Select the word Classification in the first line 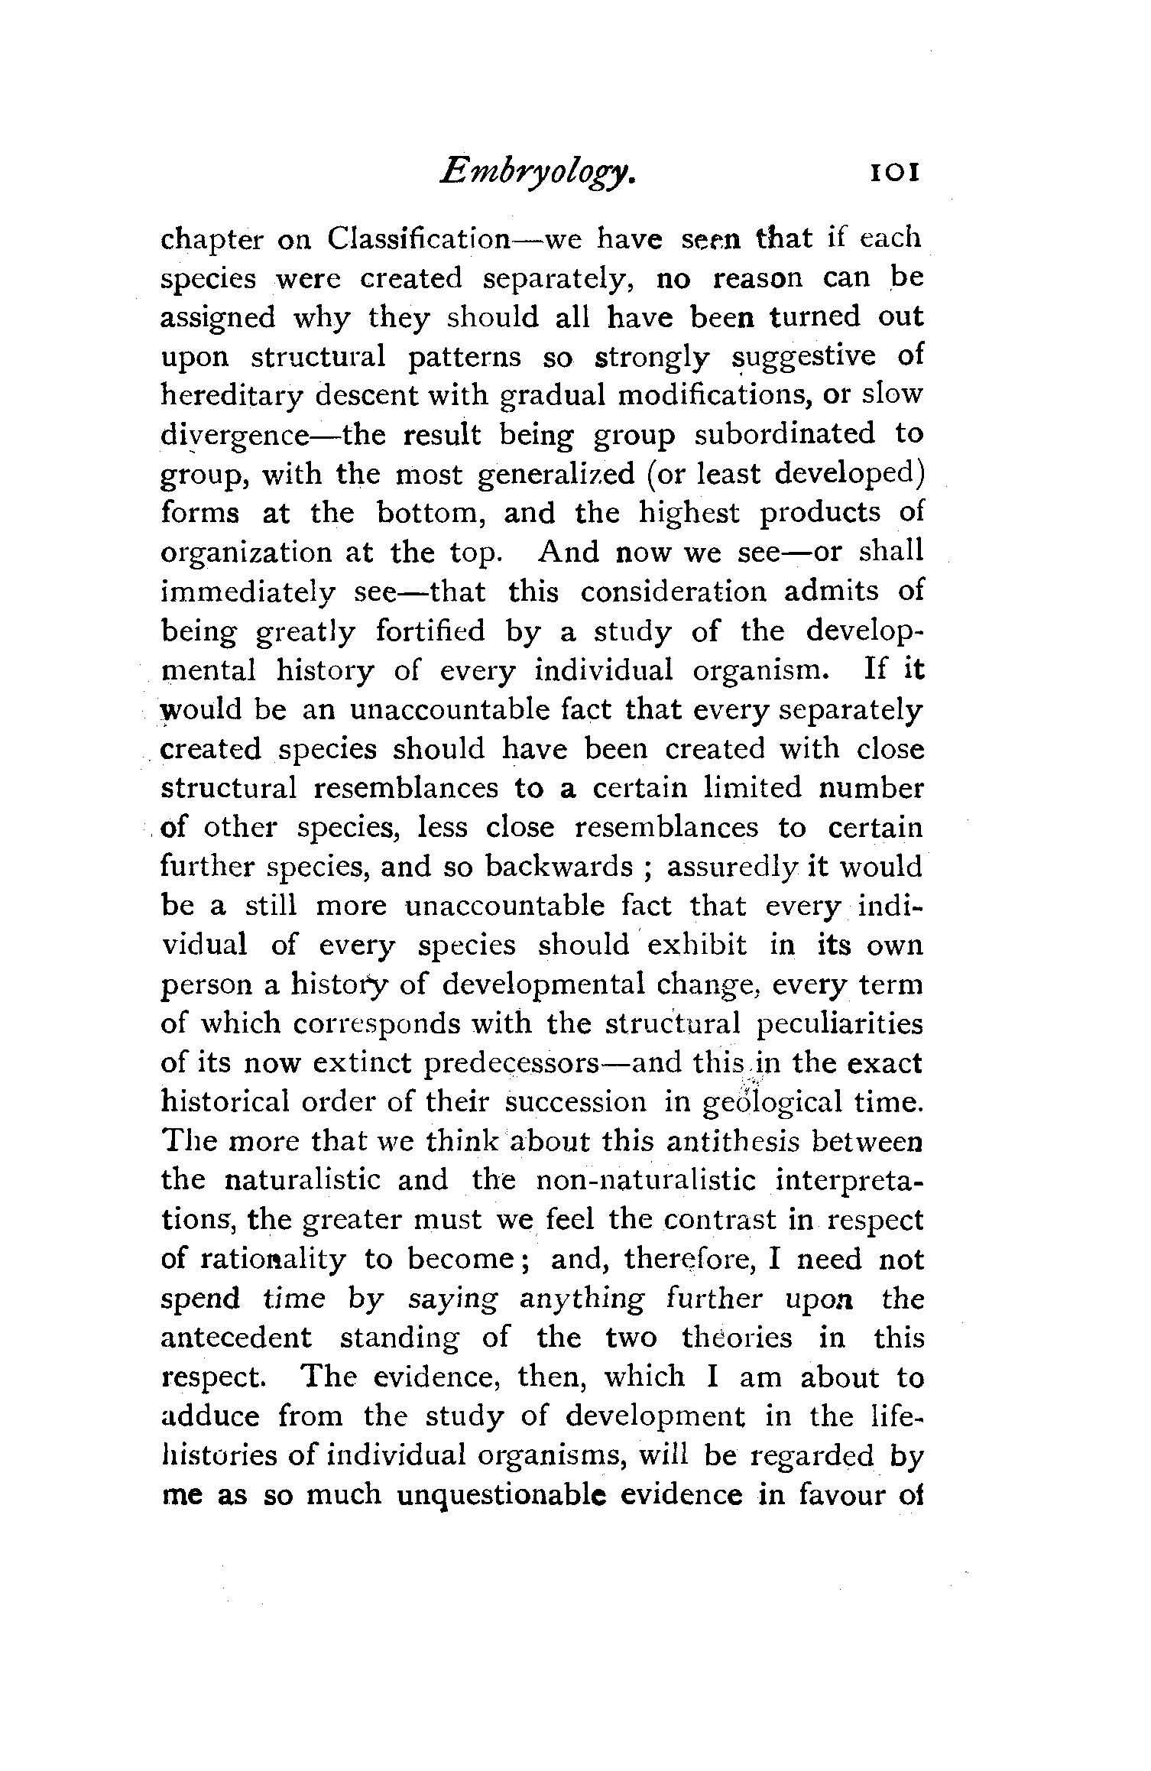tap(418, 239)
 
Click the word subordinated tap(784, 435)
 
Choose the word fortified tap(430, 631)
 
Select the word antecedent tap(237, 1338)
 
